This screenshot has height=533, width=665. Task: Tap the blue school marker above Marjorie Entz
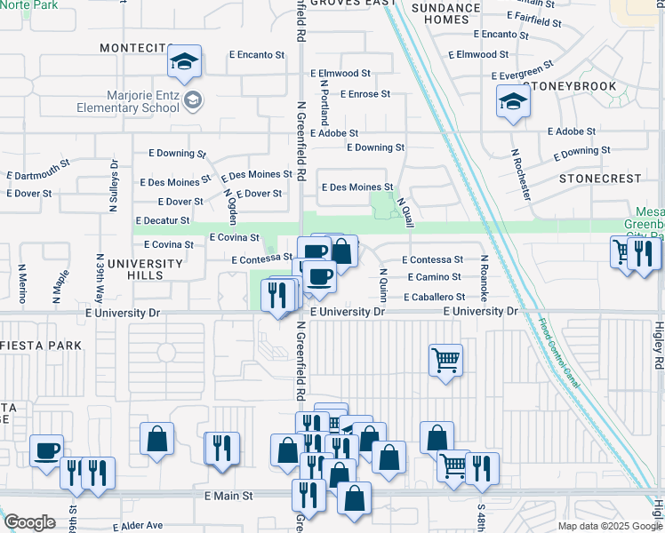click(x=185, y=62)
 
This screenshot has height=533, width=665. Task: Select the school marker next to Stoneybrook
click(x=514, y=103)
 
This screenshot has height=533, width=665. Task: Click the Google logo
click(x=29, y=522)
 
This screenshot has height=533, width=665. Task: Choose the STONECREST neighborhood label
click(x=600, y=179)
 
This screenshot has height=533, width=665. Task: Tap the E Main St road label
click(x=228, y=495)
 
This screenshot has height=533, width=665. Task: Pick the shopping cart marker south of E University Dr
click(x=445, y=361)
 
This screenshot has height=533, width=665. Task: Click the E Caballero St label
click(x=434, y=297)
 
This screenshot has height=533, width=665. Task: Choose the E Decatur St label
click(x=162, y=220)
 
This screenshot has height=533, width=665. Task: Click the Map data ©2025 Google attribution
click(x=608, y=526)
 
